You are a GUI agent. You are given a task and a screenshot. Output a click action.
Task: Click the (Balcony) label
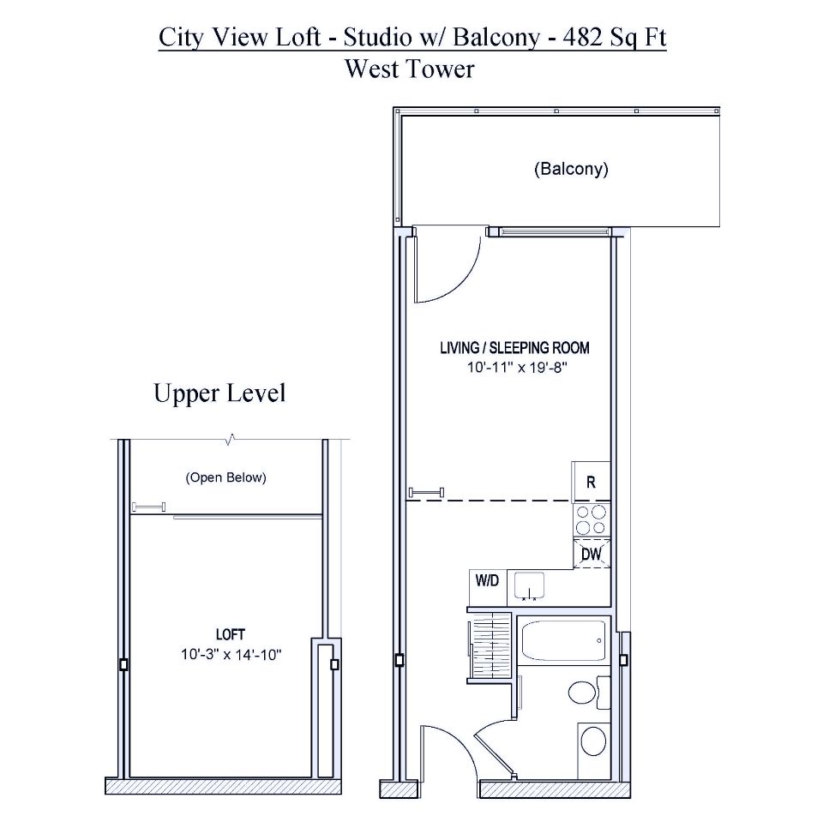coord(570,169)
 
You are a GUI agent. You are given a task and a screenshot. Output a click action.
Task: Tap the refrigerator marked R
coord(591,482)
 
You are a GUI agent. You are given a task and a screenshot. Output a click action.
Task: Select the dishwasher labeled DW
coord(592,554)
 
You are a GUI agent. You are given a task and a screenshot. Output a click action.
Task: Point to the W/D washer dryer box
coord(487,581)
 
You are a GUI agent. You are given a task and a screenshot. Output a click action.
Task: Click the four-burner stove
coord(591,519)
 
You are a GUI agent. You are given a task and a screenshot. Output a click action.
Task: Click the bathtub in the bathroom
coord(564,640)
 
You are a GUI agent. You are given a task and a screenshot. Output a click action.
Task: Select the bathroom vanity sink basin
coord(592,741)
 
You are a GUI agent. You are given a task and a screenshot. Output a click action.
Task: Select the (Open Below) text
coord(225,477)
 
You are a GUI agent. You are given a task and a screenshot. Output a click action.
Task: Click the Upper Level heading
coord(219,393)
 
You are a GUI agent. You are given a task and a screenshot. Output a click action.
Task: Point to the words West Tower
coord(409,69)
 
